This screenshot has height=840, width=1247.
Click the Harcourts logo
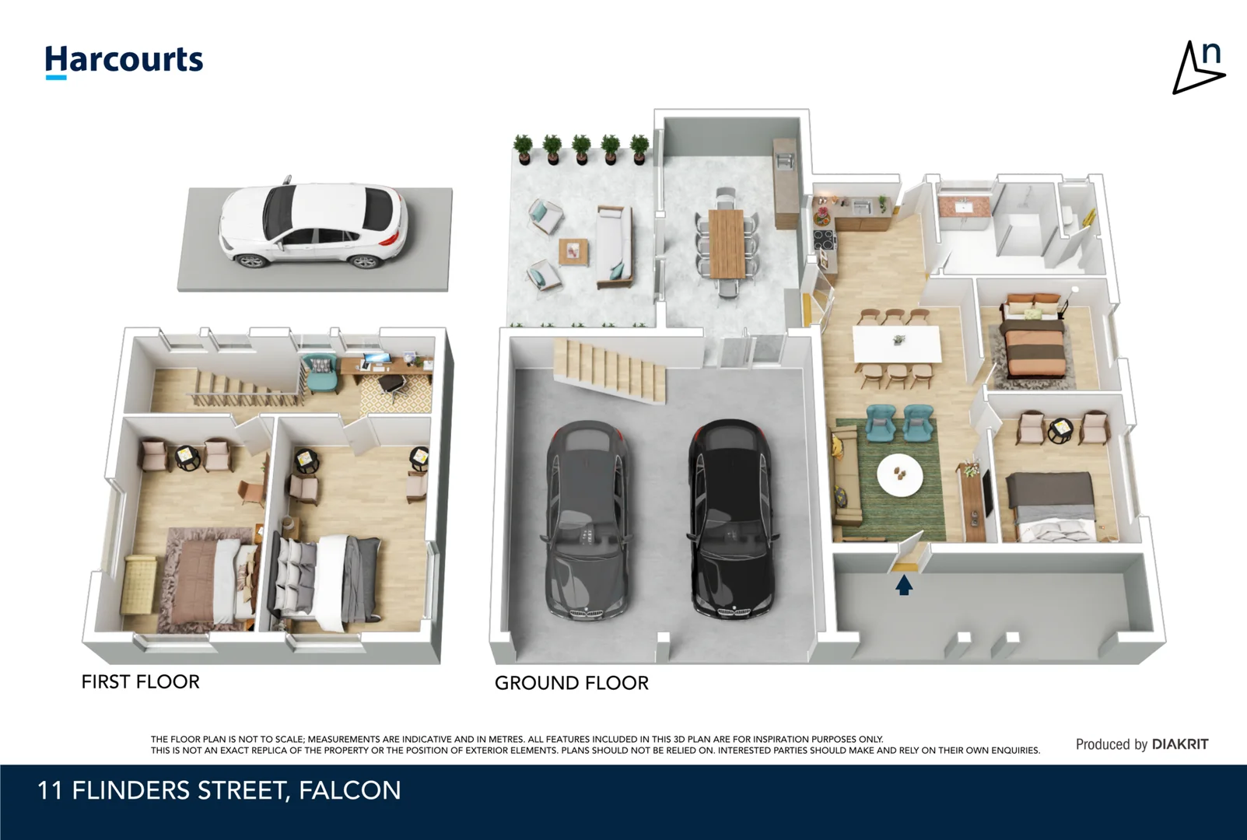coord(124,61)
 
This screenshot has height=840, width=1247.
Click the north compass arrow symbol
coord(1197,68)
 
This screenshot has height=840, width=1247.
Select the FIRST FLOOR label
coord(140,682)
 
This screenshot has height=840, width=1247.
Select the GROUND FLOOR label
coord(572,683)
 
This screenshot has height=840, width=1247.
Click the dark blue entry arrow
coord(904,585)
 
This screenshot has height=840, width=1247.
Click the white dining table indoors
coord(897,344)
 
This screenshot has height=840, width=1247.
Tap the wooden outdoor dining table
coord(726,243)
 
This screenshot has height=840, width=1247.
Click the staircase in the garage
coord(610,369)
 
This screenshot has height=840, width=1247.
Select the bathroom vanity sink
coord(964,207)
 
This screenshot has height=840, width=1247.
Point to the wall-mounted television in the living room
coord(986,492)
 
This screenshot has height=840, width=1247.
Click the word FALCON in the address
coord(349,790)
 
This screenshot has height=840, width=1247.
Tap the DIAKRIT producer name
coord(1180,744)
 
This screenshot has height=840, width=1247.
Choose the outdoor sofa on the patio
coord(615,247)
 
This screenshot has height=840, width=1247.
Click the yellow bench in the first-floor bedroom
coord(139,584)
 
